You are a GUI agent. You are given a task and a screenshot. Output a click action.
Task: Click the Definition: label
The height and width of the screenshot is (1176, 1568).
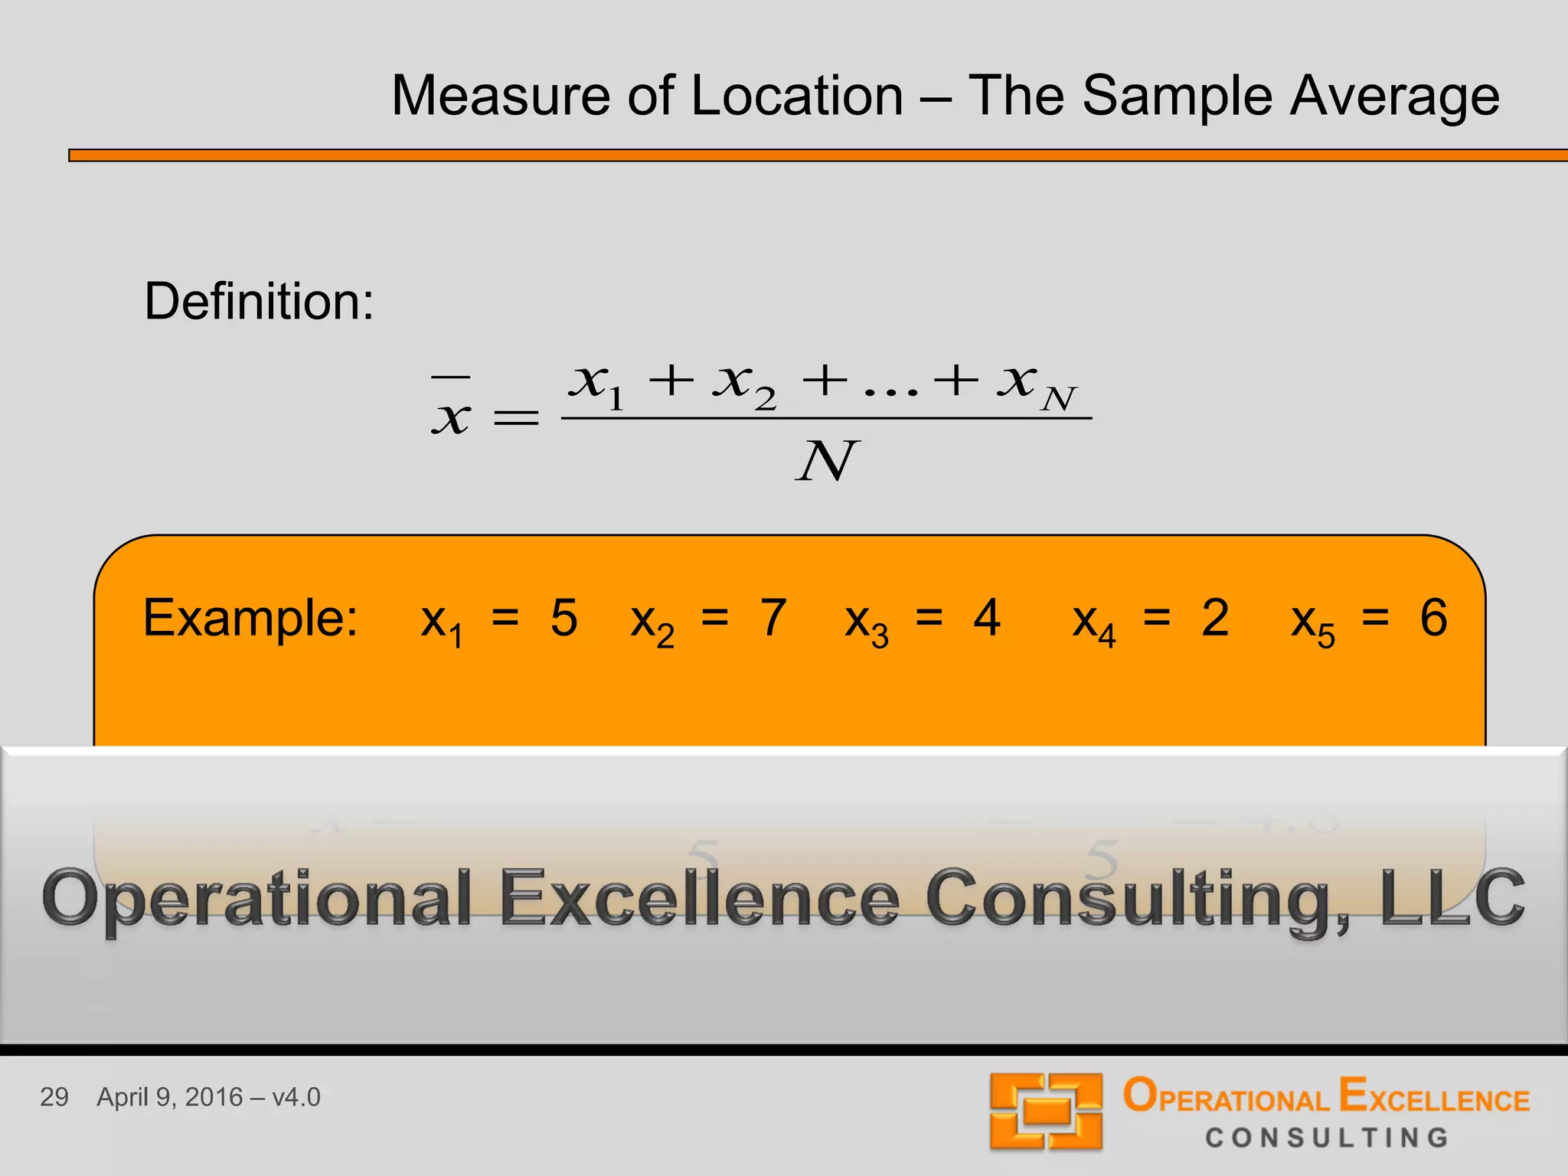point(259,302)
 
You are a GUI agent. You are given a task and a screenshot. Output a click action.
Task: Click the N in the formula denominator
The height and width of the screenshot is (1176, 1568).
point(827,462)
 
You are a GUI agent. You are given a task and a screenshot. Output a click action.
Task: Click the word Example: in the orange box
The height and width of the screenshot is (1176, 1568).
point(250,619)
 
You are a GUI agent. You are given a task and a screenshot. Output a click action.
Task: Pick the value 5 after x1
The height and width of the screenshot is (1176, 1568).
point(563,618)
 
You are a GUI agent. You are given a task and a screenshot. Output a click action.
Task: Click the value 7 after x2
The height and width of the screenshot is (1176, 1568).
point(773,618)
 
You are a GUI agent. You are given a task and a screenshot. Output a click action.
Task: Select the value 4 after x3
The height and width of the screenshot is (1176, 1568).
point(987,618)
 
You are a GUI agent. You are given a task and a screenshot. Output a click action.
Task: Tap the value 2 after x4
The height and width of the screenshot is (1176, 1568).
point(1215,618)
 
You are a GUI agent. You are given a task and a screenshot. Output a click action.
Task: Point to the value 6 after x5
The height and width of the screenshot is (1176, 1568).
point(1433,618)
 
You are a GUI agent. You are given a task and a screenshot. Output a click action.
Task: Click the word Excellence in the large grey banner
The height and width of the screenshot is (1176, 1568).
point(700,897)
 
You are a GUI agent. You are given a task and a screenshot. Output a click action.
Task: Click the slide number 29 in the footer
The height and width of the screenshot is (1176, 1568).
point(54,1097)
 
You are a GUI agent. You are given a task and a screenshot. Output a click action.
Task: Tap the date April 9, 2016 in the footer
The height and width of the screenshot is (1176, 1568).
point(170,1097)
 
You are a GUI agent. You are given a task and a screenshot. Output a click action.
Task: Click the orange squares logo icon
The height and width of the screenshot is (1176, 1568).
point(1046,1111)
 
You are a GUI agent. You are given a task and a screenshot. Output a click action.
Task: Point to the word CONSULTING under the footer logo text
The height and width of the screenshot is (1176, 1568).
point(1327,1138)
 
